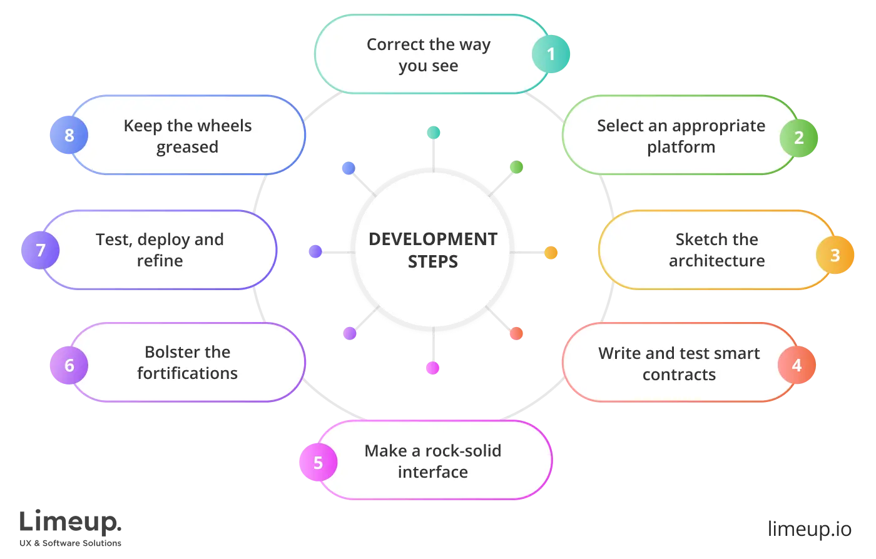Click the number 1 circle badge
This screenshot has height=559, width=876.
pyautogui.click(x=551, y=54)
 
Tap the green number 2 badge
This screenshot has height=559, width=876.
pyautogui.click(x=798, y=138)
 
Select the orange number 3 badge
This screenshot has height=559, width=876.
pyautogui.click(x=835, y=255)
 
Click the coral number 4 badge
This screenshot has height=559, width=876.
pyautogui.click(x=797, y=365)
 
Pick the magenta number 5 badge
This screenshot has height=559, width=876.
pyautogui.click(x=318, y=463)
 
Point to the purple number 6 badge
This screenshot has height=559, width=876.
pyautogui.click(x=69, y=365)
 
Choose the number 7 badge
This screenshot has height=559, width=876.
pyautogui.click(x=41, y=251)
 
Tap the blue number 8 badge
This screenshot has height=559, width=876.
pyautogui.click(x=69, y=135)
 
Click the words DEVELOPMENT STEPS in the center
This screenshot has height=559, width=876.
pyautogui.click(x=433, y=250)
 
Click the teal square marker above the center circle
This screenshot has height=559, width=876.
pyautogui.click(x=433, y=133)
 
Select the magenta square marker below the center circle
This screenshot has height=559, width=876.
pyautogui.click(x=433, y=368)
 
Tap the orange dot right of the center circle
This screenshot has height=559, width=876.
pyautogui.click(x=551, y=253)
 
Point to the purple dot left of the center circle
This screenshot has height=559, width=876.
pyautogui.click(x=315, y=252)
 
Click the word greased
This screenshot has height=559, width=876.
pyautogui.click(x=187, y=148)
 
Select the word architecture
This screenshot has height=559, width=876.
pyautogui.click(x=716, y=261)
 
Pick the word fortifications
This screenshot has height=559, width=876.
pyautogui.click(x=187, y=374)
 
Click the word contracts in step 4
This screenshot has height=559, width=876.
pyautogui.click(x=679, y=375)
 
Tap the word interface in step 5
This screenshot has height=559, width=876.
pyautogui.click(x=433, y=472)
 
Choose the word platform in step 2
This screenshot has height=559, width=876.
pyautogui.click(x=681, y=148)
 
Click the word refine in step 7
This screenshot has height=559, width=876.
pyautogui.click(x=160, y=261)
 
